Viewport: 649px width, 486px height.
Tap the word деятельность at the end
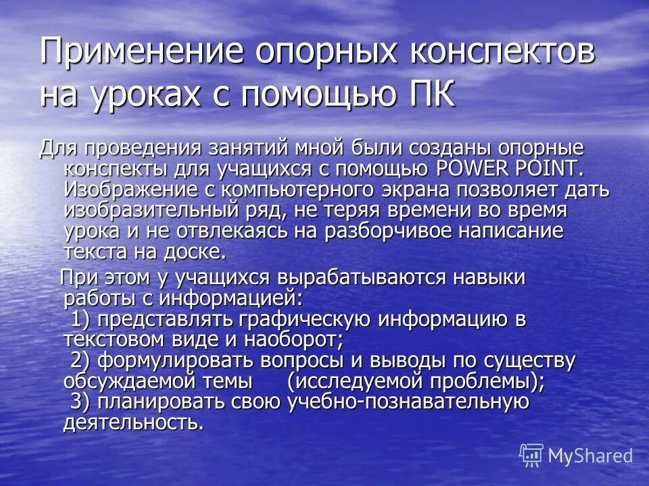tap(133, 423)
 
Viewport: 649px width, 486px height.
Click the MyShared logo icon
tap(531, 455)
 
